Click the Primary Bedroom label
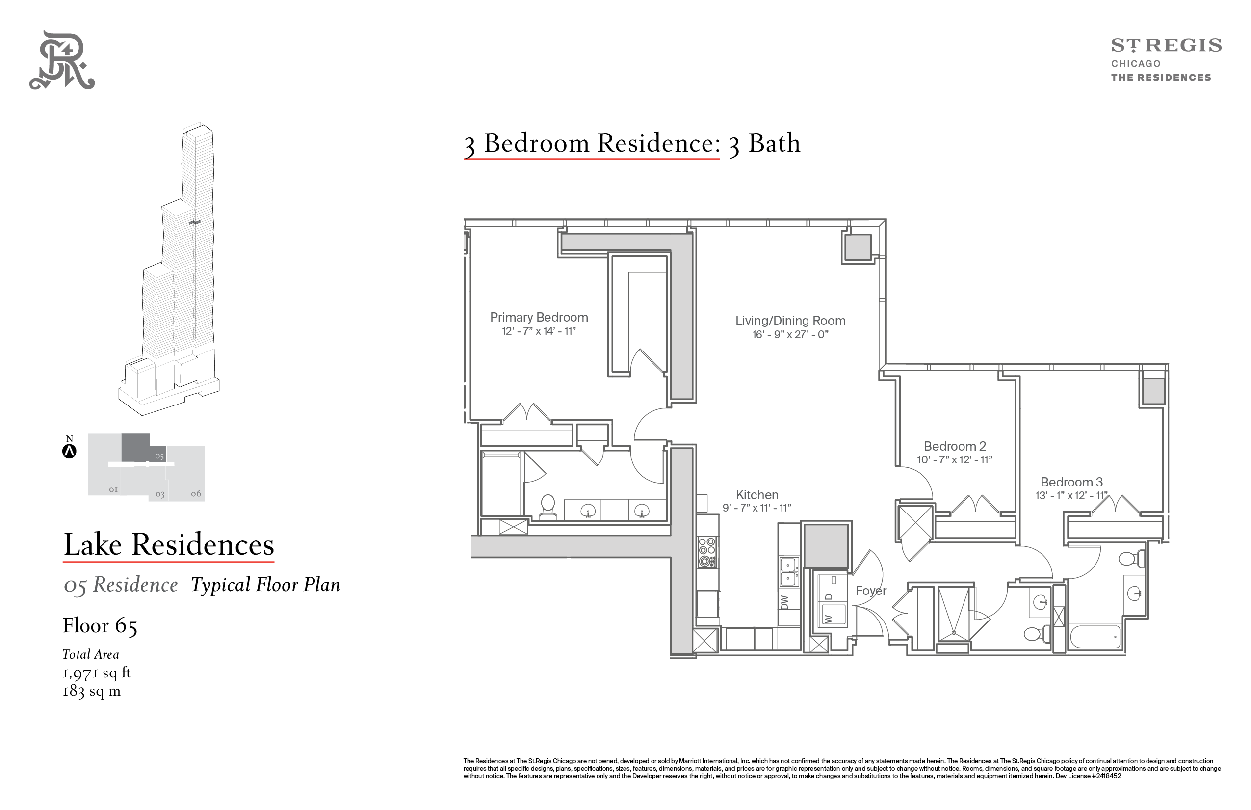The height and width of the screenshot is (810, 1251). [x=539, y=317]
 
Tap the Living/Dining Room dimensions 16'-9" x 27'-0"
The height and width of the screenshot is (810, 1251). [x=790, y=334]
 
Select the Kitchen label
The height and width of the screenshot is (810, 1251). [x=757, y=495]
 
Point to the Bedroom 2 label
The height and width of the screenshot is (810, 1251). [x=955, y=446]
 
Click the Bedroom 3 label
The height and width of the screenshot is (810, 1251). [x=1071, y=482]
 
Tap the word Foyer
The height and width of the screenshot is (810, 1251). [x=871, y=591]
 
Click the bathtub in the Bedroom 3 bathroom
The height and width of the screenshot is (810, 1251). [x=1095, y=638]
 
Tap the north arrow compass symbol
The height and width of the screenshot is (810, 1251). [x=69, y=451]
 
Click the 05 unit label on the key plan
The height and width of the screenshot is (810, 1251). [x=159, y=456]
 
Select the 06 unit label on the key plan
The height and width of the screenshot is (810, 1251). [x=196, y=493]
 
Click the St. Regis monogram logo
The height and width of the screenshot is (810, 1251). [x=62, y=60]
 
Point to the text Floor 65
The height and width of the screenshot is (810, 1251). [x=100, y=625]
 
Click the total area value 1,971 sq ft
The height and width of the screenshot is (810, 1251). [x=97, y=673]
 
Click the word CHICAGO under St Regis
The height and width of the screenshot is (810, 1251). [x=1135, y=64]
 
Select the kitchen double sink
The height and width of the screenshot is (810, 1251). [x=788, y=571]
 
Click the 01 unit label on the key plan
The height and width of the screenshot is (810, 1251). [x=113, y=489]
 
